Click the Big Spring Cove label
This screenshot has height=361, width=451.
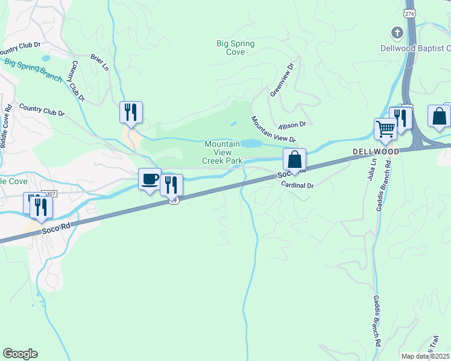235,48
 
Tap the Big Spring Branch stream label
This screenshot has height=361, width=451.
33,66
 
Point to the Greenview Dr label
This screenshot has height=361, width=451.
282,80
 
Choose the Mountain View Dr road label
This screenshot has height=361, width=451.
273,129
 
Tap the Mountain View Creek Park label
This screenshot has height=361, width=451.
222,152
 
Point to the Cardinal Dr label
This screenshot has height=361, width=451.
298,185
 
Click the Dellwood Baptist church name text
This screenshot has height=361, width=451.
415,48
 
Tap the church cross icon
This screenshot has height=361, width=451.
397,32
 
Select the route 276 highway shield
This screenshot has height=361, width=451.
411,13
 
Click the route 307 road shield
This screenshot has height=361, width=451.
50,194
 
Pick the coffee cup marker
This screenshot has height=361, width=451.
150,179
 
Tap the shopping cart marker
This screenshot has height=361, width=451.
385,128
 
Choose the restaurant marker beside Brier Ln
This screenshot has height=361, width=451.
131,112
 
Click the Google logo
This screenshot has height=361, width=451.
20,354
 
